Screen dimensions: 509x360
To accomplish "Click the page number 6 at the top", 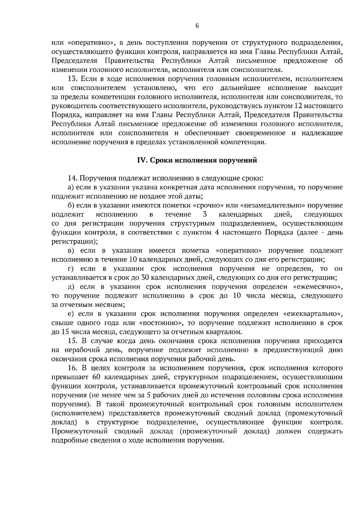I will [197, 26].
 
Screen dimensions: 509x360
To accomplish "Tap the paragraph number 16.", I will [73, 368].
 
